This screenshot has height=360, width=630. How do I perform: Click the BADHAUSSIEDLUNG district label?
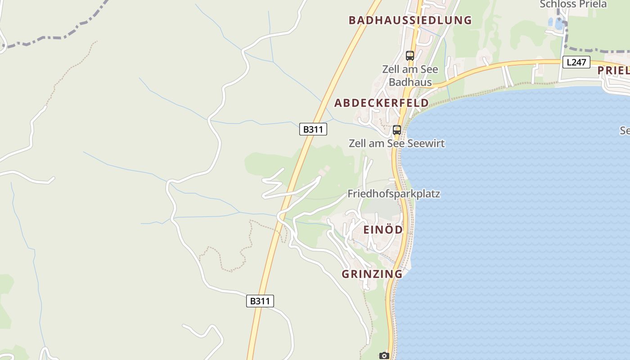pos(410,20)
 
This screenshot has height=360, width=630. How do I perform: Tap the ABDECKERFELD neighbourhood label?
pos(381,103)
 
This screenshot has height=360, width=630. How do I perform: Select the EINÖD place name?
pos(383,229)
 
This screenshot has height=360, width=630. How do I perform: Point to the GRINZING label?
pos(372,274)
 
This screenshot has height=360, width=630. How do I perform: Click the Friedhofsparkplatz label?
pos(394,194)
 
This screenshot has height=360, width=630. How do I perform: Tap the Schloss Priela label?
pos(573,4)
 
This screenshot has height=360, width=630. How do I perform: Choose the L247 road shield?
pos(576,62)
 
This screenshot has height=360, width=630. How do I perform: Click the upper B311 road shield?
pos(313,129)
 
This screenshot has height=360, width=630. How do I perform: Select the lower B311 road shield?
pos(260,301)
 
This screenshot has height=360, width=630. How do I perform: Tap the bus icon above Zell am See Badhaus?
pos(409,56)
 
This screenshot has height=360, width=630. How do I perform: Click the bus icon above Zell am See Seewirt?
pos(396,130)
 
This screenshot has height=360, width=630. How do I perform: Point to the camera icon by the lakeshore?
pos(384,356)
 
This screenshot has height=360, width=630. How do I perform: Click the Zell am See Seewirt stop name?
pos(396,144)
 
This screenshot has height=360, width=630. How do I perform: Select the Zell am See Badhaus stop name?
pos(410,76)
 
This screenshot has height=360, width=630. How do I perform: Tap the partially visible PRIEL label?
pos(613,71)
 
